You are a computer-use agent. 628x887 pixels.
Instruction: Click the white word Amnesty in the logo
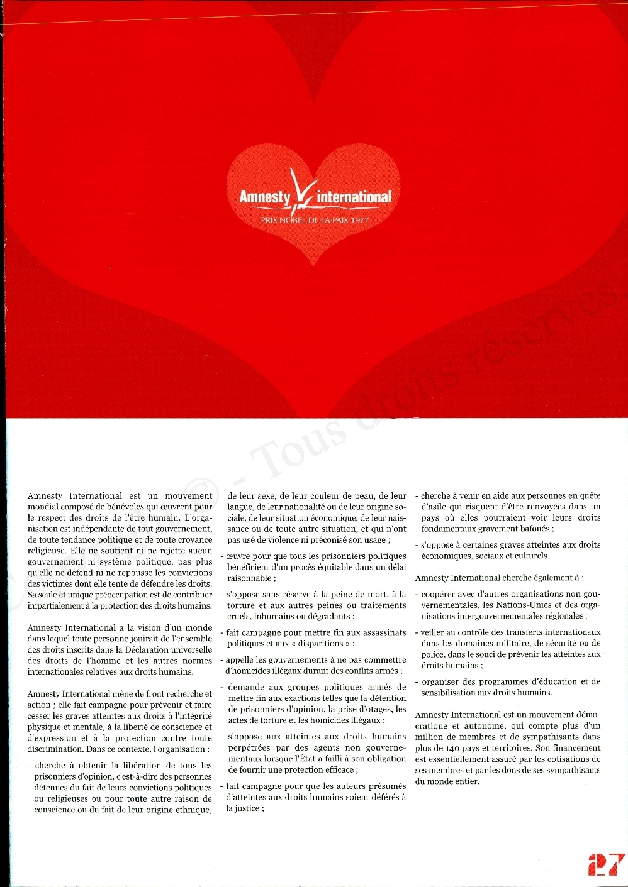(264, 197)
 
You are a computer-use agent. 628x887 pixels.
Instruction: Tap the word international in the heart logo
(354, 197)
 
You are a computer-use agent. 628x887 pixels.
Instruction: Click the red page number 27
(606, 864)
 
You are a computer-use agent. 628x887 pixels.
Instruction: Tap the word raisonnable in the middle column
(249, 578)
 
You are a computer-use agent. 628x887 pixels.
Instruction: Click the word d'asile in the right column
(433, 507)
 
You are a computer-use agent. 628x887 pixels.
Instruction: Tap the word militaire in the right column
(509, 643)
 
